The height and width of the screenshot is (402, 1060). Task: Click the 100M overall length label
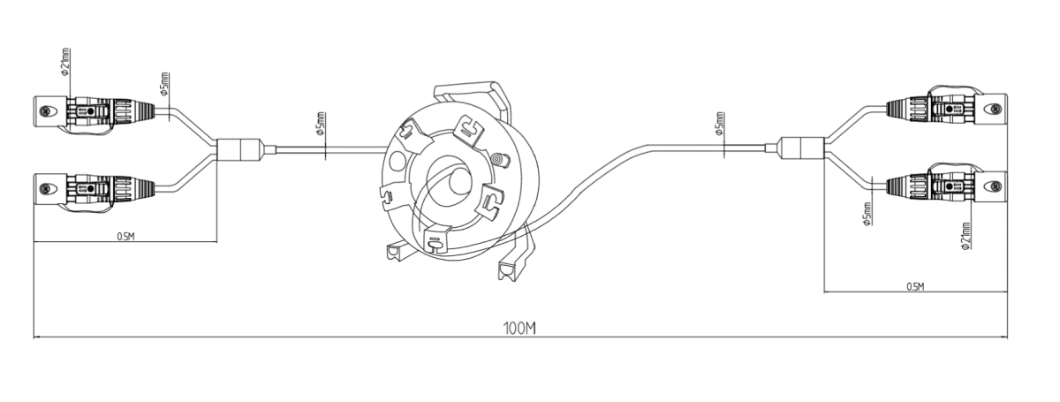519,328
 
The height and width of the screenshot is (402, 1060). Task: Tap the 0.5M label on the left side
125,236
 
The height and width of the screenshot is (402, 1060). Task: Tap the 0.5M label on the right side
916,286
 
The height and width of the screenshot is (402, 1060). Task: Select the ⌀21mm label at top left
65,62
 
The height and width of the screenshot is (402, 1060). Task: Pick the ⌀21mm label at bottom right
965,236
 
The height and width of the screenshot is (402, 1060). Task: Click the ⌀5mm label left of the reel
321,125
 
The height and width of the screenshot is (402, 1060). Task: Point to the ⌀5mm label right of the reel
720,124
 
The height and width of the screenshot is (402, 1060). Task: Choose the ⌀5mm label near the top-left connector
164,84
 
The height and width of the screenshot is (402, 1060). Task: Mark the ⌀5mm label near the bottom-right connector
867,214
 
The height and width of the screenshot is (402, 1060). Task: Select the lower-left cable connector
95,190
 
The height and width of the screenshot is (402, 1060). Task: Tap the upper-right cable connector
946,108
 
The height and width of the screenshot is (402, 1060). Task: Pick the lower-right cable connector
946,185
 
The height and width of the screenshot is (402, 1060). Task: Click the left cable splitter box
239,150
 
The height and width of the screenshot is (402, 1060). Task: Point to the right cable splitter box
802,148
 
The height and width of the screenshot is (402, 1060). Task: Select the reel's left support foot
397,254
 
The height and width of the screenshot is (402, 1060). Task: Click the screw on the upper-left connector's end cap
45,110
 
